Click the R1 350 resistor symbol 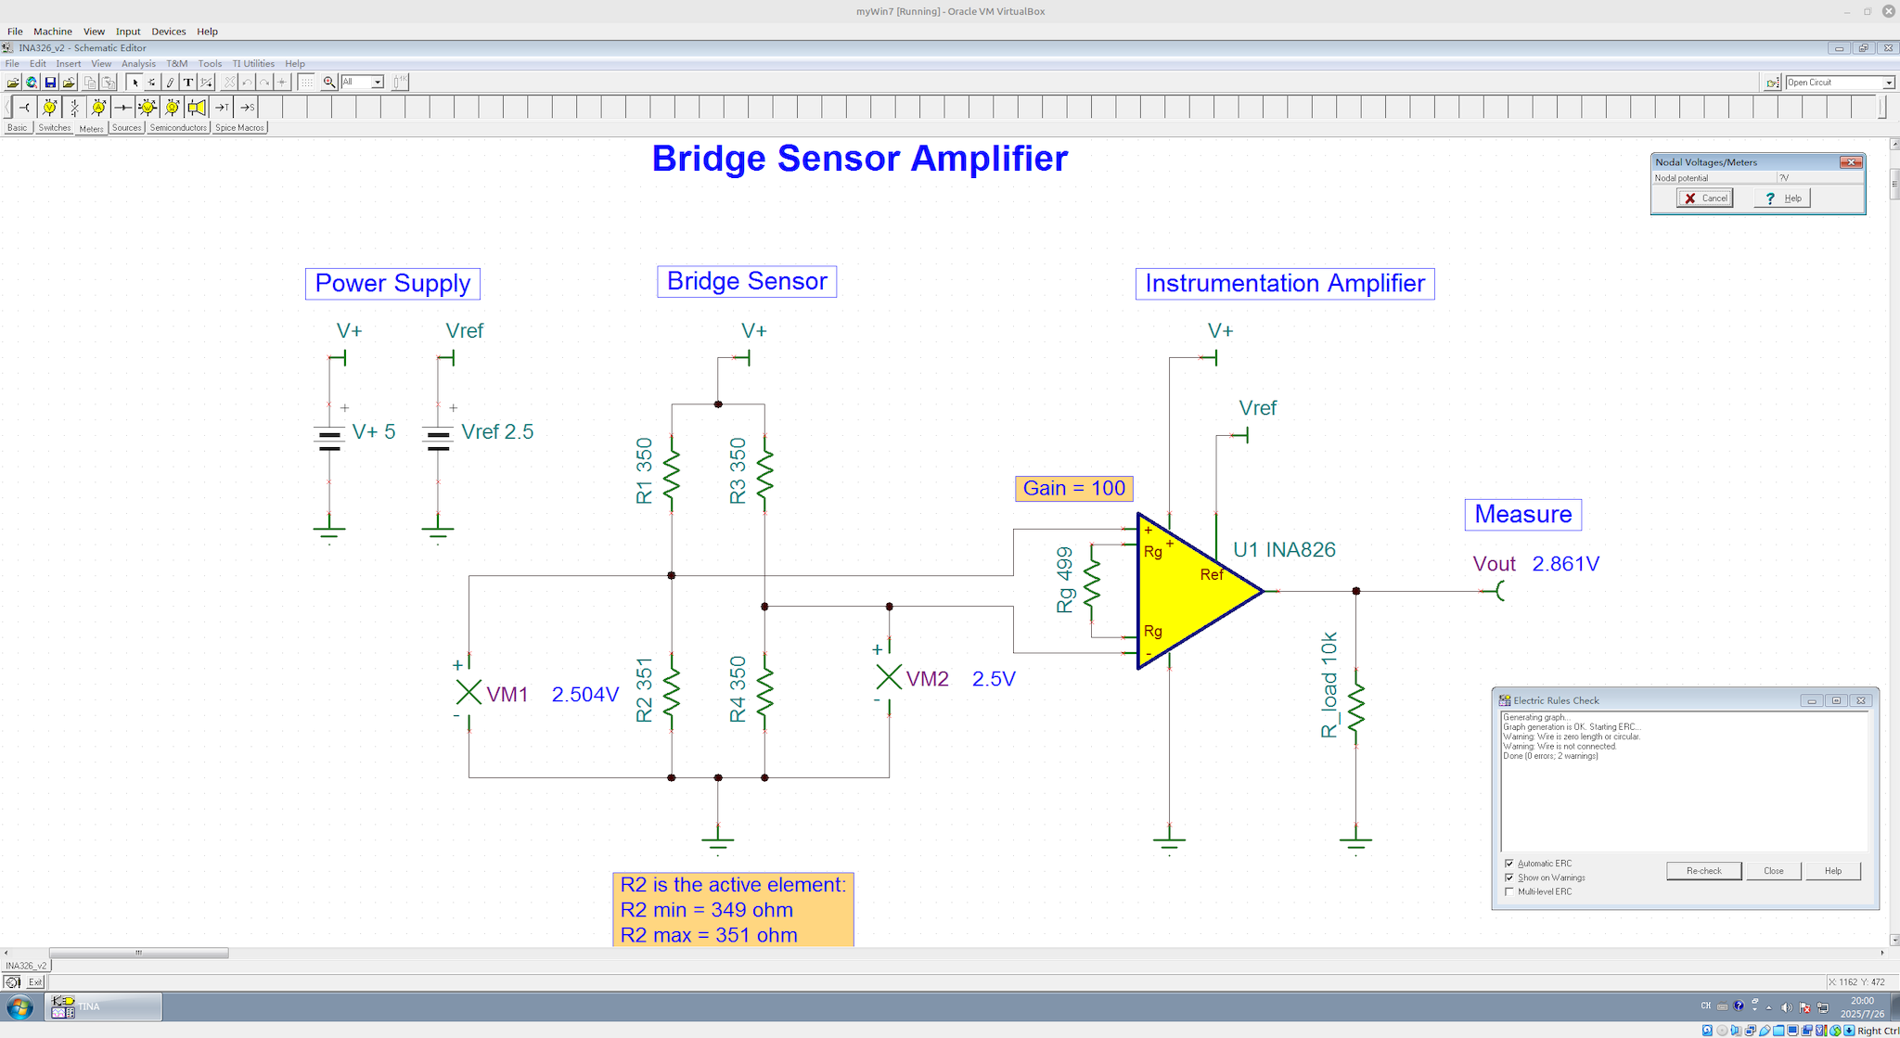click(x=671, y=475)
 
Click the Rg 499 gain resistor click(x=1092, y=583)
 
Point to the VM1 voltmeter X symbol click(x=469, y=692)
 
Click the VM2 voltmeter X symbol click(x=889, y=677)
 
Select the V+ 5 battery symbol click(x=329, y=438)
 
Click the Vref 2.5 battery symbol click(x=438, y=438)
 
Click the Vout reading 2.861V click(x=1565, y=564)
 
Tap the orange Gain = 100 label click(x=1073, y=489)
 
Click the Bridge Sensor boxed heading click(x=747, y=282)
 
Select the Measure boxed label click(x=1522, y=515)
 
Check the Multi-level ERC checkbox click(x=1509, y=891)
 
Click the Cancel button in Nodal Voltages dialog click(x=1704, y=199)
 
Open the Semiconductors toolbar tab click(x=178, y=128)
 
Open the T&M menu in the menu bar click(x=176, y=64)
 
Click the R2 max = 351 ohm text click(x=709, y=935)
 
